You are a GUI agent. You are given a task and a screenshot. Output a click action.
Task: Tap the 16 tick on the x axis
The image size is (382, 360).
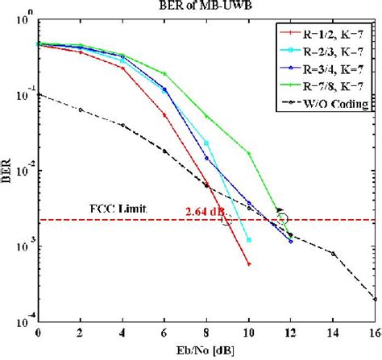point(375,332)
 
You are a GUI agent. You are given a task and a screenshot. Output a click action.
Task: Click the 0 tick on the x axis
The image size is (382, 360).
point(38,332)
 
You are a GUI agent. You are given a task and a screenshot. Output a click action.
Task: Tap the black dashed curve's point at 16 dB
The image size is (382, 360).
point(375,299)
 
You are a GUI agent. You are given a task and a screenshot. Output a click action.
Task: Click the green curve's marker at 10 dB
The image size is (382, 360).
point(249,153)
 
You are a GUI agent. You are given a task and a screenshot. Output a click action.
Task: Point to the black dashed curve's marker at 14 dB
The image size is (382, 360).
point(333,253)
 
